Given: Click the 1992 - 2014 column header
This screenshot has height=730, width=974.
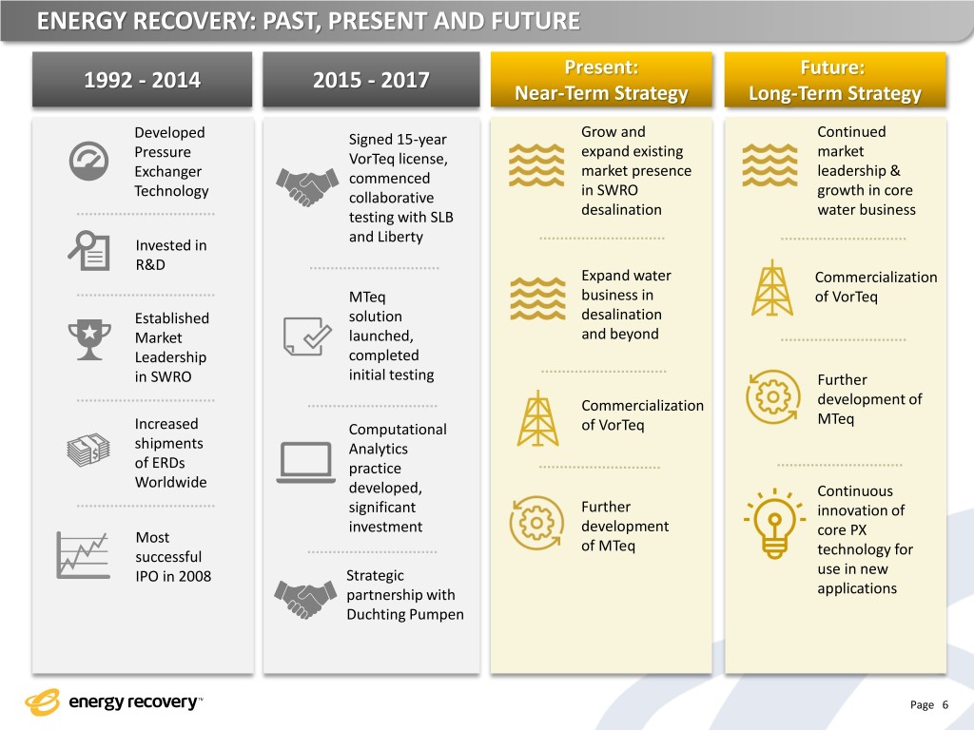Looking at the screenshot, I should (x=143, y=80).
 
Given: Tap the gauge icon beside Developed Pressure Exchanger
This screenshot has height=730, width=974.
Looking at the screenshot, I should (x=88, y=161).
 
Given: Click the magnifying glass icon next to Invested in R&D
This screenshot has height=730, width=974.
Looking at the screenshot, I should (x=89, y=249).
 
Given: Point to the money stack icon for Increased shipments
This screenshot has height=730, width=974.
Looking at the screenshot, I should (x=88, y=450).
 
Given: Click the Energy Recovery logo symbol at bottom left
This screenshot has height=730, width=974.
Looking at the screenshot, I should (x=43, y=702).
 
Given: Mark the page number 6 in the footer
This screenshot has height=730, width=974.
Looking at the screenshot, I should (x=945, y=704).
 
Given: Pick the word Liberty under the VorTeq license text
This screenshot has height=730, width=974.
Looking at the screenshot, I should (x=399, y=237).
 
